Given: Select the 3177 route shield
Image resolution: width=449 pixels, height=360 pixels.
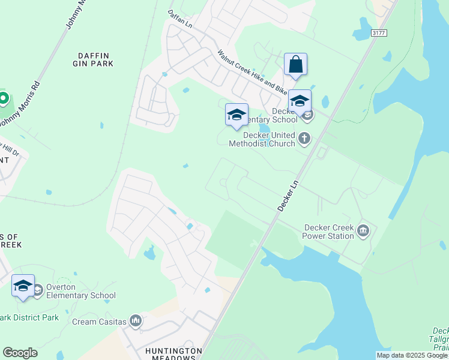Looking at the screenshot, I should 378,33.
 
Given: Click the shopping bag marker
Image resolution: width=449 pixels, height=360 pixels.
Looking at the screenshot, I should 296,64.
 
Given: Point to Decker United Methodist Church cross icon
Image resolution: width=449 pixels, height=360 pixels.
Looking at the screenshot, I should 304,139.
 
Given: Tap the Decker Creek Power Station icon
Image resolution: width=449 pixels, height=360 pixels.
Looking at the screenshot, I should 363,231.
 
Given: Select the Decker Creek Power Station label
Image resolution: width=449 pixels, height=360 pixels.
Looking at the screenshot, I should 329,232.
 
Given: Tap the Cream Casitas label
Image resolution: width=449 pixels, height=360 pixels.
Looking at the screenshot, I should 100,322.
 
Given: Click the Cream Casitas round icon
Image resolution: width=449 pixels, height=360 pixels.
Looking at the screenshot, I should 136,322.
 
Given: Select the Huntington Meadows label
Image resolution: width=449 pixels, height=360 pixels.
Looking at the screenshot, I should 173,354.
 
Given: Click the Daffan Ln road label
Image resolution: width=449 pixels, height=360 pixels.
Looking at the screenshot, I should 179,21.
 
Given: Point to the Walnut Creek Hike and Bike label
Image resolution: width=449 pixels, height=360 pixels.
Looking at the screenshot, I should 252,73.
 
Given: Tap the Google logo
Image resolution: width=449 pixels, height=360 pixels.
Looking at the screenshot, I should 20,353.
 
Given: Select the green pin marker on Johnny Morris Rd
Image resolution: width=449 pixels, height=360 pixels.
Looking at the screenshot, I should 3,97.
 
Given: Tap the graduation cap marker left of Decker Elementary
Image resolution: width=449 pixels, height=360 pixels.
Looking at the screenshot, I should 237,115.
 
